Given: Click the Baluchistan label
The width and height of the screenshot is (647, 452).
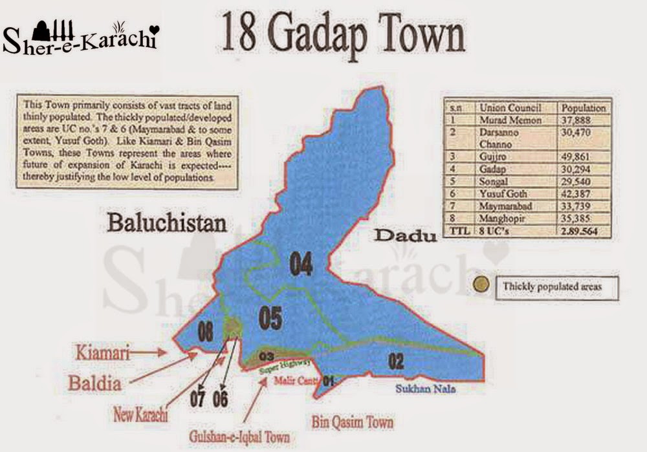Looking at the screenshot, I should point(167,224).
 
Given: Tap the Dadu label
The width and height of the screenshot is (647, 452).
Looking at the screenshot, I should point(402,236).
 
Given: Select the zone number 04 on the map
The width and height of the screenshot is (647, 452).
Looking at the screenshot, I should point(302,264).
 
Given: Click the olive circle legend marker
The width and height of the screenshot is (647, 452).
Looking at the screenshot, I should point(481,284).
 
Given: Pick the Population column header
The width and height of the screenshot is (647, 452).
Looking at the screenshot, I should point(583,108).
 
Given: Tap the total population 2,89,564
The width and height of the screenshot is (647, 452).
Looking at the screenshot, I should point(583,230).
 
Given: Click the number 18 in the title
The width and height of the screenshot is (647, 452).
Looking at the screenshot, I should point(240,37).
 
